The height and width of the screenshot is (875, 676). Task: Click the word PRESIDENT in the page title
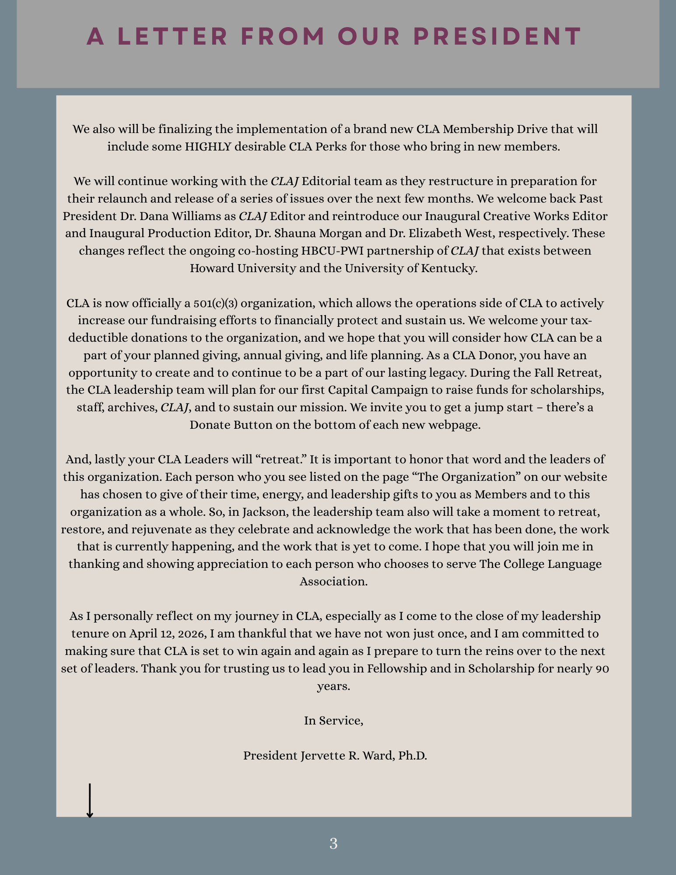tap(497, 36)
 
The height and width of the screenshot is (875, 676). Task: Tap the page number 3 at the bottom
tap(333, 843)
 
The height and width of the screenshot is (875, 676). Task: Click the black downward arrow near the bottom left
tap(90, 801)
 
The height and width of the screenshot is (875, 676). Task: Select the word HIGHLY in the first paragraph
tap(208, 147)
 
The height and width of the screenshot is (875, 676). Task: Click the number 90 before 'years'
tap(602, 668)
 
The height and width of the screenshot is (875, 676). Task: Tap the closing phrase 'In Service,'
tap(333, 721)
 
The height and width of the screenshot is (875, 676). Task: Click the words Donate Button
tap(231, 425)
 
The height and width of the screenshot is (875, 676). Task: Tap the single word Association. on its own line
tap(333, 581)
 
